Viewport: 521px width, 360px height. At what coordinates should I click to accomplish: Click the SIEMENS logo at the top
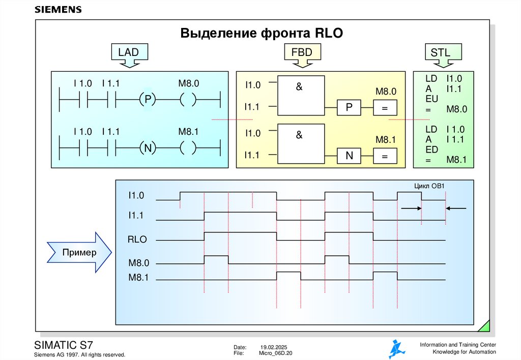pos(57,10)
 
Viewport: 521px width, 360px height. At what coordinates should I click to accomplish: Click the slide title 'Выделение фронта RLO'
pos(262,34)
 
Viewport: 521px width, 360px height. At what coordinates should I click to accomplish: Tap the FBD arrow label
pos(302,53)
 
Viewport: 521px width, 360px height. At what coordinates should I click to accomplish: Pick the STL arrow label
pos(440,53)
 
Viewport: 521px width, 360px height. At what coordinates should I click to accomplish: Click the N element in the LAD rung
pos(147,148)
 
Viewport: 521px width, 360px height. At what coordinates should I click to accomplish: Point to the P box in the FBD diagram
pos(349,108)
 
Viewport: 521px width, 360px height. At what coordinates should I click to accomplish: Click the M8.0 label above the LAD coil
pos(188,83)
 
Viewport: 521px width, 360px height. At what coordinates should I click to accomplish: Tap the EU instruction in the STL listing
pos(431,99)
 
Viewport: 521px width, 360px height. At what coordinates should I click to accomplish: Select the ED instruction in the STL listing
pos(431,150)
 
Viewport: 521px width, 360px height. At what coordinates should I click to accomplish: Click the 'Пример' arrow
pos(79,252)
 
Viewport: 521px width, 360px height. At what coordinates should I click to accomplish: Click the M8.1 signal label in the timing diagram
pos(138,278)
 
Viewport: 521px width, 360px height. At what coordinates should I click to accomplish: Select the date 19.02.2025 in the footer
pos(275,346)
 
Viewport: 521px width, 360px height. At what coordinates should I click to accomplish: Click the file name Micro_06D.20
pos(276,353)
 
